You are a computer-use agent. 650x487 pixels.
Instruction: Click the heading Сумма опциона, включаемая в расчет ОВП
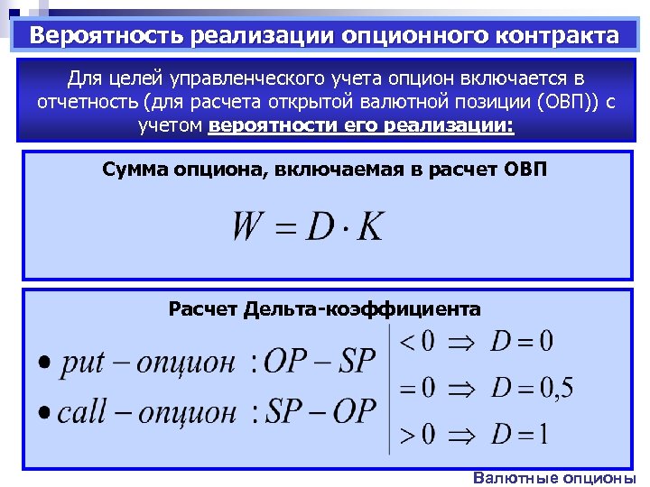[x=324, y=169]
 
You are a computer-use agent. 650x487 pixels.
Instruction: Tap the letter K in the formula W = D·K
[x=369, y=225]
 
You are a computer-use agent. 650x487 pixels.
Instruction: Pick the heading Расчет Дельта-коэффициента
[x=325, y=309]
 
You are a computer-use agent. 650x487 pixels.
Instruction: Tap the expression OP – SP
[x=320, y=363]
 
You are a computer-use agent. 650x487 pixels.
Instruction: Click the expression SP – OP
[x=320, y=411]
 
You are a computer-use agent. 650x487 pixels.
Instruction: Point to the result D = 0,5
[x=532, y=389]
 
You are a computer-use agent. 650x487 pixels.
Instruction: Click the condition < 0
[x=416, y=342]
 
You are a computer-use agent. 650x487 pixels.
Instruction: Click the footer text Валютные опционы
[x=554, y=478]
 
